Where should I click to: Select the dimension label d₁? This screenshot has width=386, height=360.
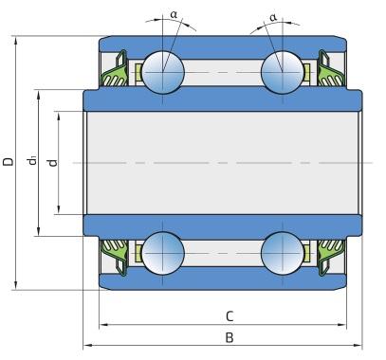click(31, 160)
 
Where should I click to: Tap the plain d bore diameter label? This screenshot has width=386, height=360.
click(52, 162)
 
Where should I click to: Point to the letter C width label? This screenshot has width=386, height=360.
click(230, 316)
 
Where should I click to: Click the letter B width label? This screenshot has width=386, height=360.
click(230, 337)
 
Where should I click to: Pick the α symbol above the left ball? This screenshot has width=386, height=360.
click(174, 14)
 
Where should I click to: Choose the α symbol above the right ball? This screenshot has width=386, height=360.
click(273, 17)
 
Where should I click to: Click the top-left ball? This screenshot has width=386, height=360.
click(163, 72)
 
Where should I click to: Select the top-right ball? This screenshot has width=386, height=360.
click(283, 72)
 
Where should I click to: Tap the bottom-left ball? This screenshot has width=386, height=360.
click(163, 253)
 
